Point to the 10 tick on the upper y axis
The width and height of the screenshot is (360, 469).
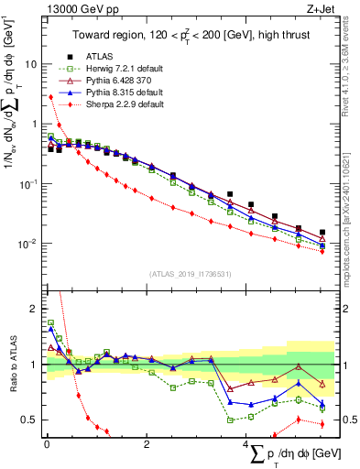30,64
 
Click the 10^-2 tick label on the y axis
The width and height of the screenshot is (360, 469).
27,244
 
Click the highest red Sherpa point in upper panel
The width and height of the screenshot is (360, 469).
50,97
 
